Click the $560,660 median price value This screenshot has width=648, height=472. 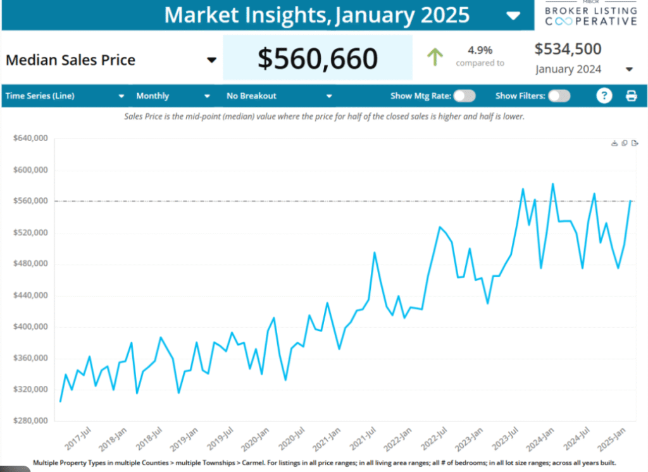point(317,59)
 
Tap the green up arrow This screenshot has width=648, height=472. point(435,58)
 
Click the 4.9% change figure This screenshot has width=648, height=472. point(480,49)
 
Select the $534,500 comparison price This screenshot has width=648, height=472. point(568,49)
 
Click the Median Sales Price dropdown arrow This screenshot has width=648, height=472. point(211,60)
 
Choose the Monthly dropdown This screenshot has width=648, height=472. point(173,96)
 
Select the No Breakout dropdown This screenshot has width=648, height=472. point(279,96)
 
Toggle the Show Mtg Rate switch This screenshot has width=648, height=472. point(464,96)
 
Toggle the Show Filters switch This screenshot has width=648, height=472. point(559,96)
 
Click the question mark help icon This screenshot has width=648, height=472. point(605,96)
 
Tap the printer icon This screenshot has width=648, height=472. point(631,96)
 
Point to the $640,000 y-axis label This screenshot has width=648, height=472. point(30,139)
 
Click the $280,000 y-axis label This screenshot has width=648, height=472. point(30,421)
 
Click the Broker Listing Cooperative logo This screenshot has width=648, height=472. point(590,14)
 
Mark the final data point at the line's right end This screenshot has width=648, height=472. point(630,201)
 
